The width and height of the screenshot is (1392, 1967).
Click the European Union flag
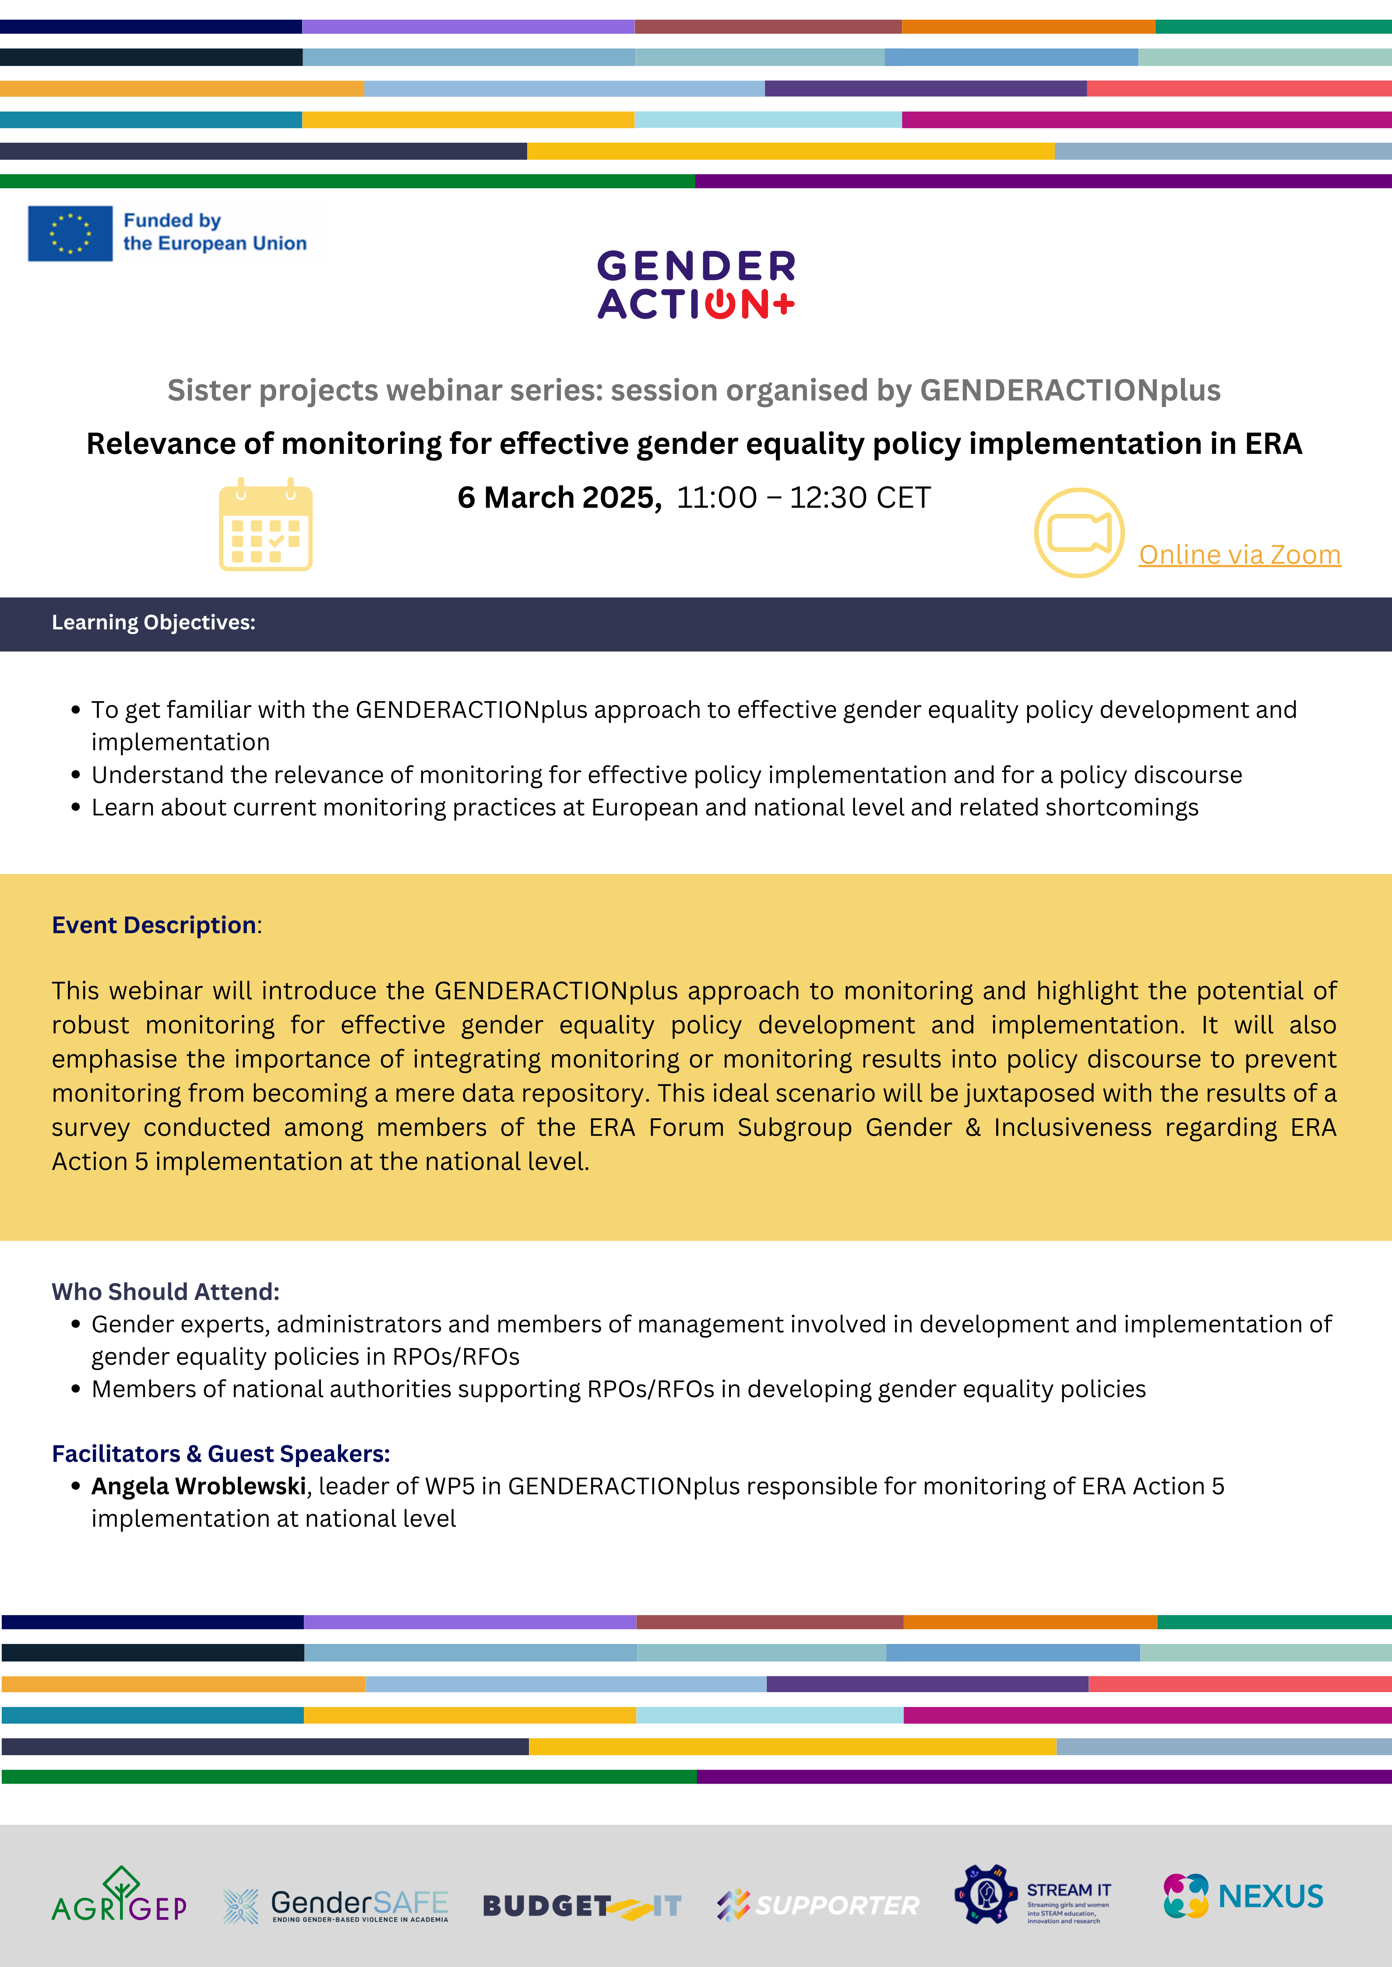tap(70, 233)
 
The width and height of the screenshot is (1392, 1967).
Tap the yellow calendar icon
tap(266, 525)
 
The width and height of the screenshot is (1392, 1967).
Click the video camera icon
tap(1079, 533)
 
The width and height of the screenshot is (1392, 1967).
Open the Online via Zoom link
tap(1240, 555)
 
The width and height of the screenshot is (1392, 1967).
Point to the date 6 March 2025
tap(559, 498)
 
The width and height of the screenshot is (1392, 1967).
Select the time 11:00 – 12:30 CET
tap(803, 498)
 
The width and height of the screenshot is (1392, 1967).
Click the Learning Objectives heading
tap(153, 623)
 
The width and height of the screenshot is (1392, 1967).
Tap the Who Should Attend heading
tap(166, 1292)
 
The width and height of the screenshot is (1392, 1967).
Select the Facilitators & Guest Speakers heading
tap(220, 1454)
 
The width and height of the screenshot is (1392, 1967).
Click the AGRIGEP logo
tap(119, 1895)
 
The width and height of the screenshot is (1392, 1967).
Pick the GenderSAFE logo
tap(336, 1905)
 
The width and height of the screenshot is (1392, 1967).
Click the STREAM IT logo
tap(1033, 1895)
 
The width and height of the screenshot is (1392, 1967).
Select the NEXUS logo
tap(1243, 1896)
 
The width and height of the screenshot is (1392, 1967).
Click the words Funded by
tap(172, 221)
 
